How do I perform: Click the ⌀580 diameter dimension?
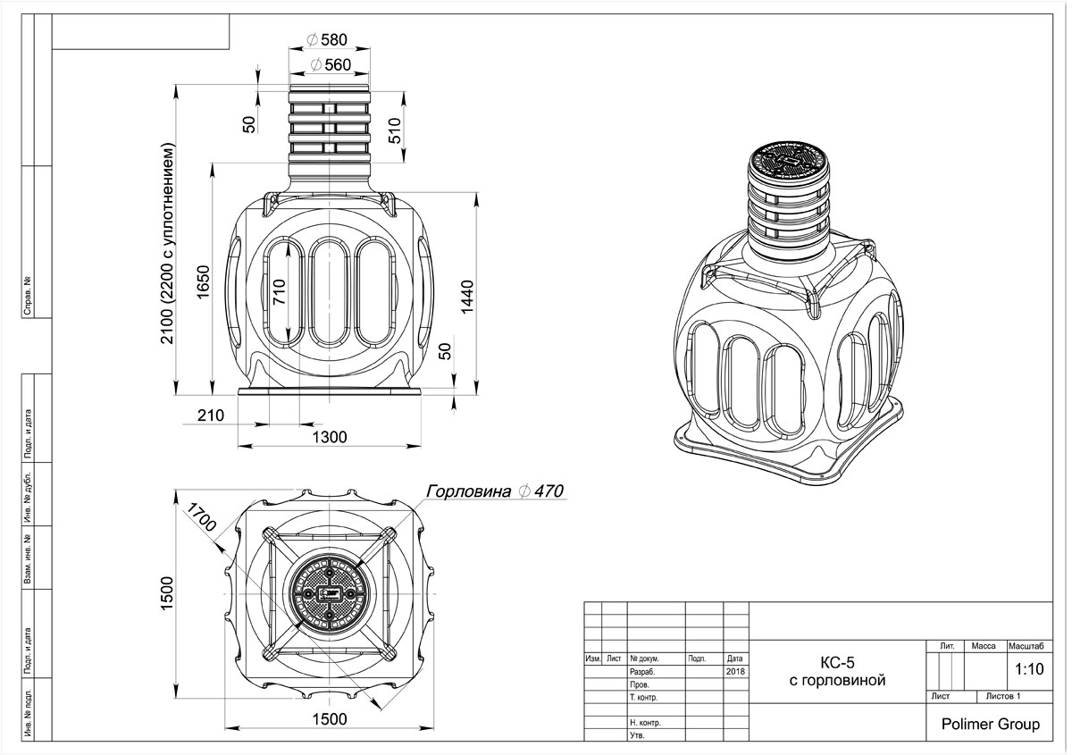[326, 40]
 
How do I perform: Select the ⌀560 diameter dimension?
[326, 65]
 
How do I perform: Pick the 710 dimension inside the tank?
[281, 292]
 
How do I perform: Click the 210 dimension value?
[211, 415]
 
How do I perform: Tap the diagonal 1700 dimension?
[200, 516]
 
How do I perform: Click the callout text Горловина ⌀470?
[494, 491]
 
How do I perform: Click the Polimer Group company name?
[991, 724]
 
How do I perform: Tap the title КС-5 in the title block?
[837, 662]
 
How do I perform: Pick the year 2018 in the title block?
[735, 671]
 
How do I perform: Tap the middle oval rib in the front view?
[328, 290]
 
